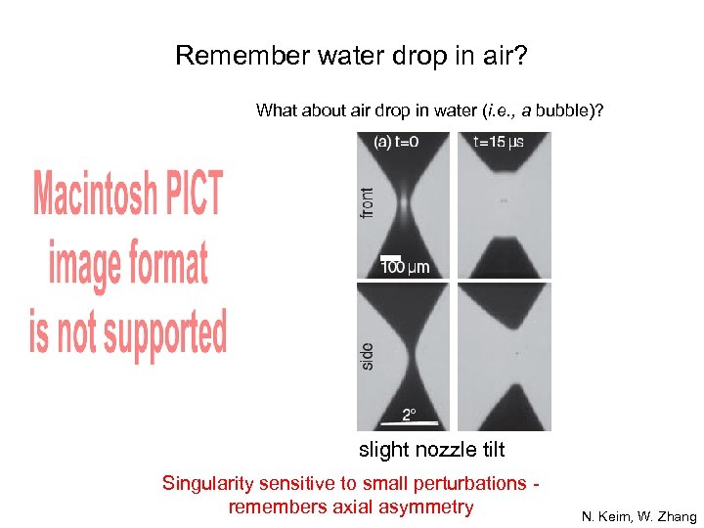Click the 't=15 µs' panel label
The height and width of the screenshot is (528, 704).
498,142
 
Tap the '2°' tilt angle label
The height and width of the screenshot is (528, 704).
409,413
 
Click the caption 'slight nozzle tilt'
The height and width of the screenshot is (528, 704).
432,450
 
